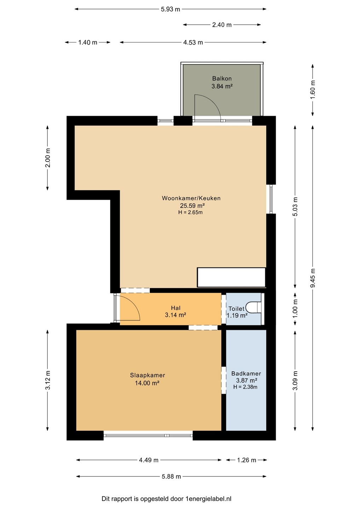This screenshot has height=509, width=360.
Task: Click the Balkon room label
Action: pos(222,78)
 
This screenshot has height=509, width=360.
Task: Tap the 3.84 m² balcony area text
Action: pos(222,86)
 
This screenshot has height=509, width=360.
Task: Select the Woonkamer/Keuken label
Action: pos(191,198)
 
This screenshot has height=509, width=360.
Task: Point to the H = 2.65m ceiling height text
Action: pos(191,212)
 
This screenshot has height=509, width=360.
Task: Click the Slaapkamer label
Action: pos(147,375)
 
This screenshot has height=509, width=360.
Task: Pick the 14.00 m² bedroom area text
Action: pos(147,383)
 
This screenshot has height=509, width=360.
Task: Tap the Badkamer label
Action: pos(246,373)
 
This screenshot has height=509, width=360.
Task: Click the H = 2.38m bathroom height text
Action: pos(245,387)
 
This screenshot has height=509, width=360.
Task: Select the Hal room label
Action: pos(176,308)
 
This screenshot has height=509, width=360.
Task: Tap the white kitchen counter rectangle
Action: pos(231,277)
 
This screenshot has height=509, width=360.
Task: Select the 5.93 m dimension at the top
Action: pos(170,9)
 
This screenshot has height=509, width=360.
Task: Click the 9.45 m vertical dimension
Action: pos(313,278)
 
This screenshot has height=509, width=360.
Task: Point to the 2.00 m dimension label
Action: pos(47,158)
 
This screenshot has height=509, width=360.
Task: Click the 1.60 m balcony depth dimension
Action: pos(313,90)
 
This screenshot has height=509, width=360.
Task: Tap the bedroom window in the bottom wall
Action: pos(148,435)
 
